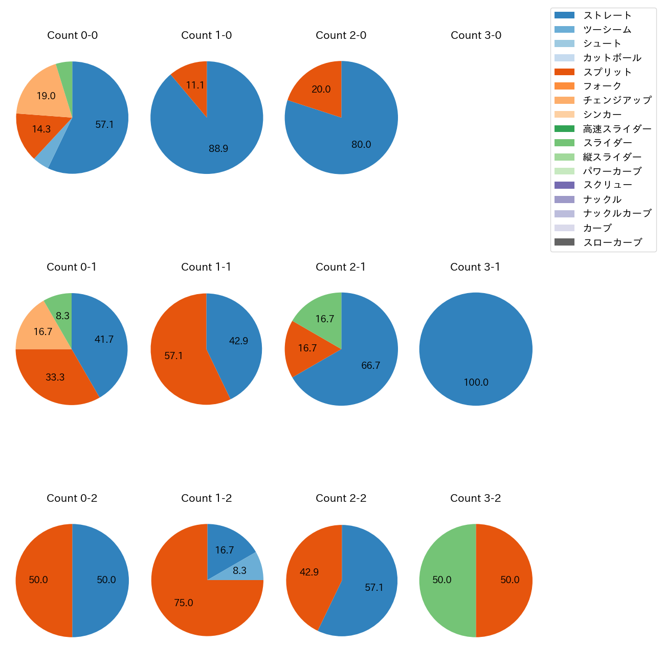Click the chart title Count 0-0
coord(72,35)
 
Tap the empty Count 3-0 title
coord(476,35)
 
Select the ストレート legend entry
coord(607,15)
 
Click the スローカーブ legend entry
coord(612,242)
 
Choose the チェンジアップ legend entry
coord(617,100)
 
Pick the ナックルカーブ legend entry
coord(617,214)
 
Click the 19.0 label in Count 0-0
coord(46,96)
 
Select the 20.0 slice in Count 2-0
coord(320,91)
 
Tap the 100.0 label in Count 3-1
coord(476,383)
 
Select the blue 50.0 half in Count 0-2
coord(102,580)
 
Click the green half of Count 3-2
coord(442,580)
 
